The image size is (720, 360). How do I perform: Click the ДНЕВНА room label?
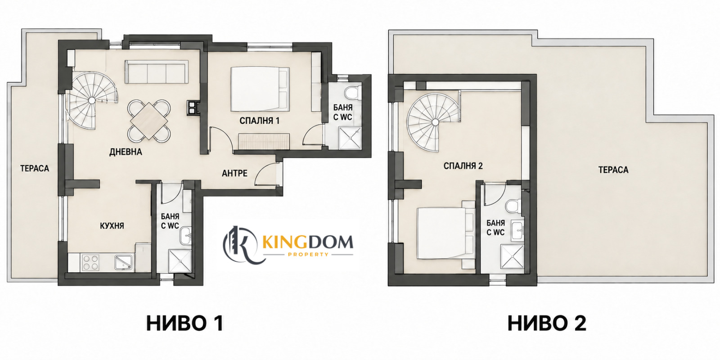[x=126, y=152]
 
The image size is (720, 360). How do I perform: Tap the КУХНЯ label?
[x=112, y=226]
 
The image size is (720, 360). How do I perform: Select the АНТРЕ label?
[x=234, y=174]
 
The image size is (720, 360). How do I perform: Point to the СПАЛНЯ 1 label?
[x=259, y=121]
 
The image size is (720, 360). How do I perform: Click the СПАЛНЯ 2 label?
[x=463, y=166]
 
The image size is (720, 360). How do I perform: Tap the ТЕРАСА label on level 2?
[x=613, y=170]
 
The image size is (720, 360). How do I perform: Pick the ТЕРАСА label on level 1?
[x=35, y=168]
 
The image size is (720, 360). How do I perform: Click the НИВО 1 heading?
[x=185, y=324]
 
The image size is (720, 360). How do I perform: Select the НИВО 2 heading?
[x=547, y=324]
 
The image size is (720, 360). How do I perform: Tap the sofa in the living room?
[x=157, y=72]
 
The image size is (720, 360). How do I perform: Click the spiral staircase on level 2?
[x=434, y=122]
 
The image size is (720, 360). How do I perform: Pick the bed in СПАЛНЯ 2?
[x=445, y=233]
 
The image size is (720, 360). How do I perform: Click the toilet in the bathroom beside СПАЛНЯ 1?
[x=353, y=92]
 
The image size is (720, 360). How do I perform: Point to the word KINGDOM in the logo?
[x=308, y=242]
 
